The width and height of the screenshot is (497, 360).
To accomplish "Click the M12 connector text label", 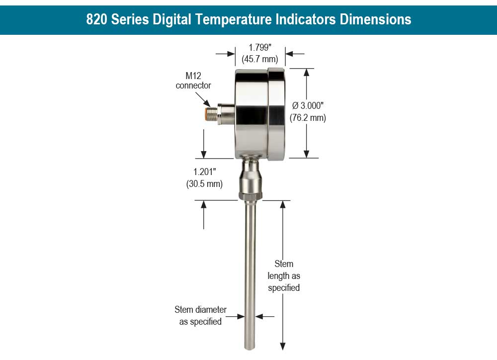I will (193, 81).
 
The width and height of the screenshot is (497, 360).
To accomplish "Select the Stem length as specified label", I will (284, 275).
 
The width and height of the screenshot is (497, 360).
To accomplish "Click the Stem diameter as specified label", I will (200, 315).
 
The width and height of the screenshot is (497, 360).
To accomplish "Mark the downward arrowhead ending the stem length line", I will (283, 346).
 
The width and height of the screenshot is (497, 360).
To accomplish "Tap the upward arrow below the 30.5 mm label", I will (204, 205).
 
